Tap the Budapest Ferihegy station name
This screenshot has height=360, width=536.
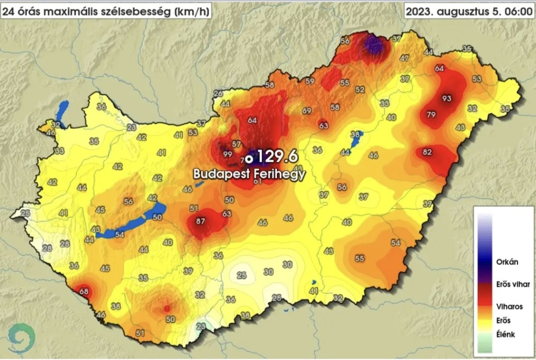(249, 174)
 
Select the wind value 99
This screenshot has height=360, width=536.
(227, 154)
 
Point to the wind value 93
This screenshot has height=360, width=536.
(446, 98)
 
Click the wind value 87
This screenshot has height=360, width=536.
(200, 221)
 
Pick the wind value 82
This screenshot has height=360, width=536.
(427, 152)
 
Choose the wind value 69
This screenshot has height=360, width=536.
(307, 111)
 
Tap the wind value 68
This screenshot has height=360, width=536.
(84, 291)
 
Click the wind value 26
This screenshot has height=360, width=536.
(218, 94)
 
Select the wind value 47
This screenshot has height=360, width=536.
(404, 58)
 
